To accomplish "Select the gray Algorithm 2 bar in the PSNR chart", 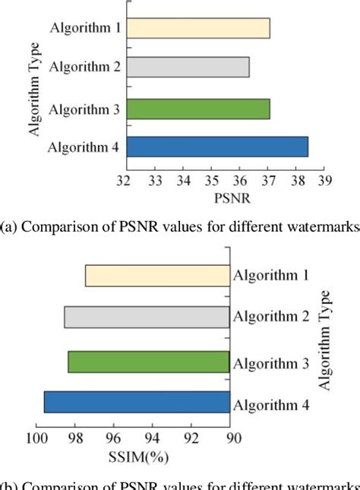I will (188, 68).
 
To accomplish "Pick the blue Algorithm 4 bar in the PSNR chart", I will (216, 147).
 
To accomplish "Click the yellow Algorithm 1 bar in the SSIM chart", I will (156, 275).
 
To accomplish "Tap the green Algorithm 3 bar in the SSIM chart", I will (148, 362).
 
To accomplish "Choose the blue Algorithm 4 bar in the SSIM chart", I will (137, 402).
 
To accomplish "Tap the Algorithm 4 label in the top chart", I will (83, 147).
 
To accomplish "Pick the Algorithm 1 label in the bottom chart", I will (270, 276).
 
